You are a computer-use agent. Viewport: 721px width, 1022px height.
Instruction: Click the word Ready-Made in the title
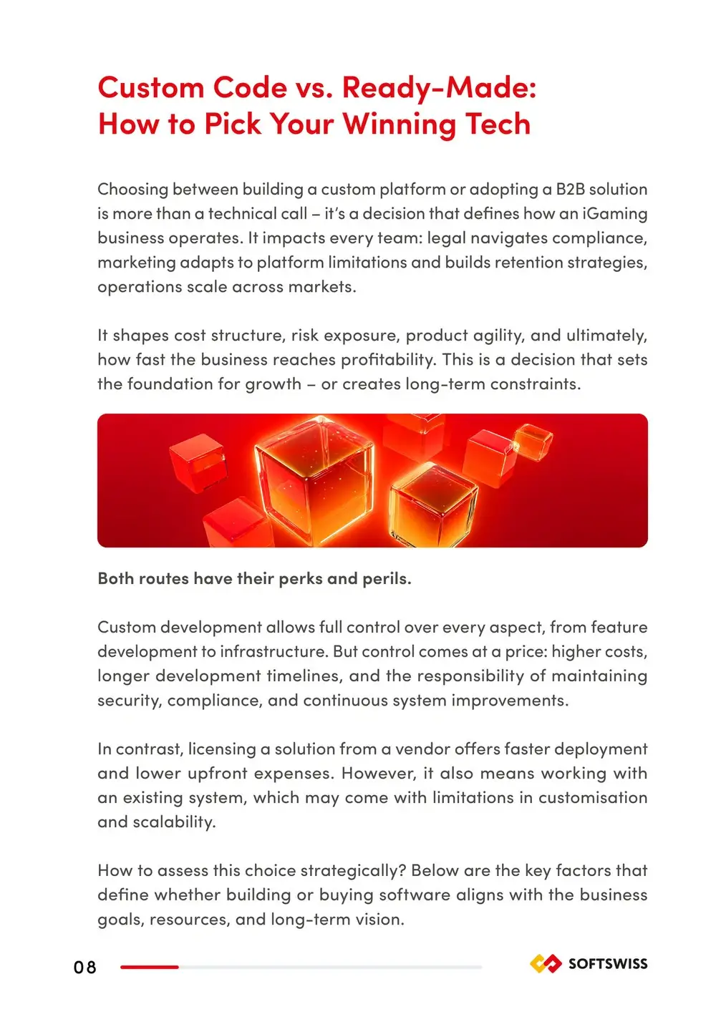(438, 88)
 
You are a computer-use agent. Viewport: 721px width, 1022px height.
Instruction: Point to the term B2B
(570, 190)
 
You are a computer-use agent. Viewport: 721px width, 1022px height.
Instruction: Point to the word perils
(386, 579)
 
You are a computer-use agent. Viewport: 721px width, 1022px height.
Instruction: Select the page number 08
(84, 968)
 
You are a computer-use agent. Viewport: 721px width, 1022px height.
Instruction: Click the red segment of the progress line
(149, 967)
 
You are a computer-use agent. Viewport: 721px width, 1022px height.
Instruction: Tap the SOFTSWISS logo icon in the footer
(546, 964)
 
